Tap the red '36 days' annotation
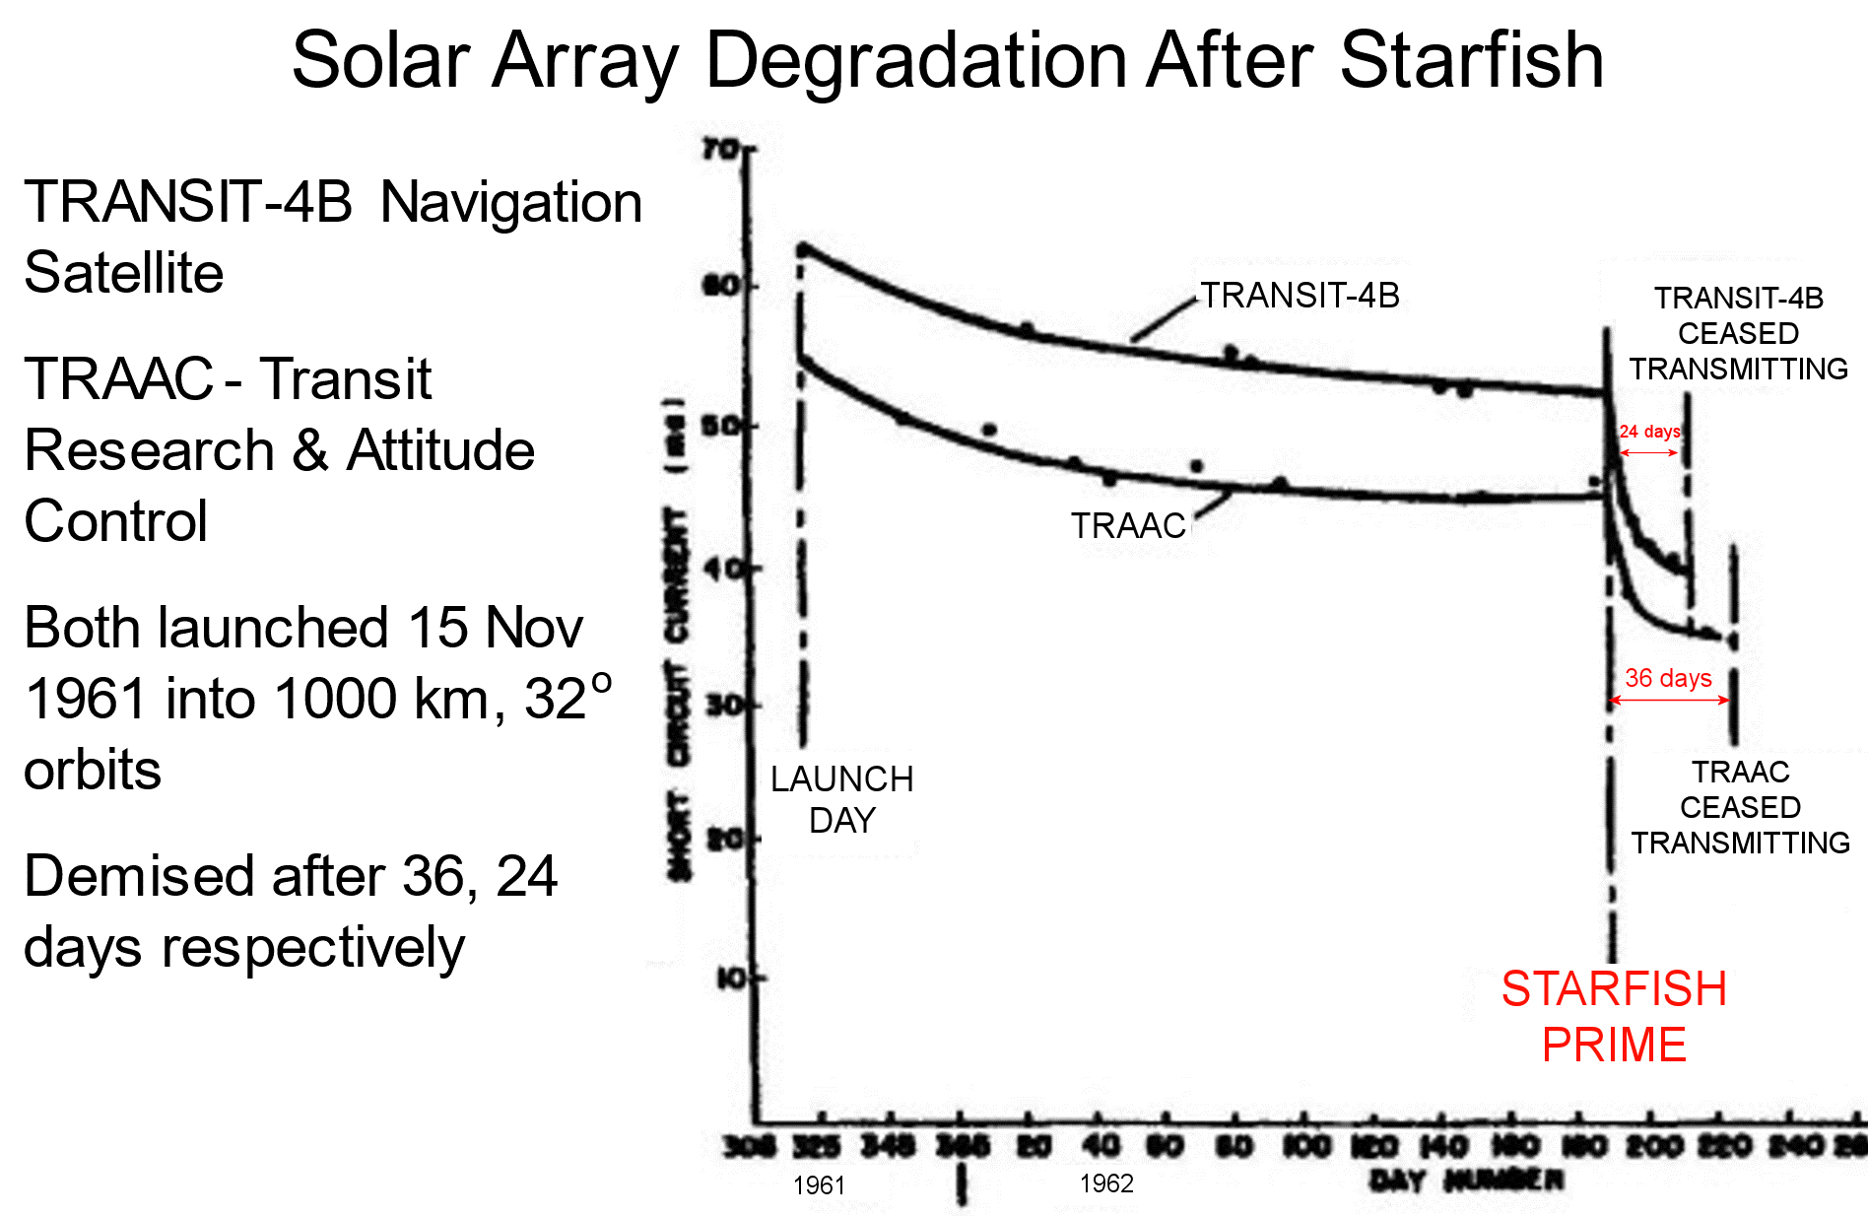point(1668,678)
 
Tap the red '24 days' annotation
point(1649,432)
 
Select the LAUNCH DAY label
point(841,799)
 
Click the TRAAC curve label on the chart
point(1128,526)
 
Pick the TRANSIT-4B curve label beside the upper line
point(1300,296)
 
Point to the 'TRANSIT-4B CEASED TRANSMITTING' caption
point(1738,333)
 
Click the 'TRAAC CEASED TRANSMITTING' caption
point(1740,807)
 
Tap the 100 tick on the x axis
point(1305,1147)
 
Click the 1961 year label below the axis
point(819,1185)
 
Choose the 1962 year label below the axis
point(1106,1183)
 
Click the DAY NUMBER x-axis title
point(1465,1180)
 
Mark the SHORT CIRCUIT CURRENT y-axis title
point(678,641)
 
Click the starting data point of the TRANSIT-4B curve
point(804,249)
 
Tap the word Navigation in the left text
point(510,202)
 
